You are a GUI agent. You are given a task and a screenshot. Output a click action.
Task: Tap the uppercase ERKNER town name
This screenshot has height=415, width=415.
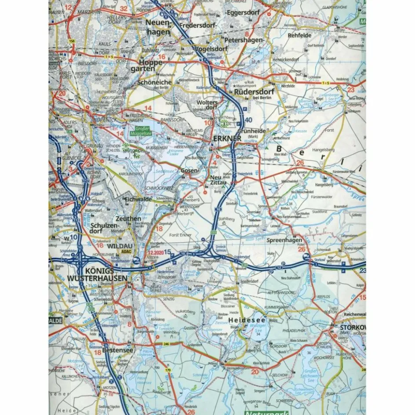(x=227, y=138)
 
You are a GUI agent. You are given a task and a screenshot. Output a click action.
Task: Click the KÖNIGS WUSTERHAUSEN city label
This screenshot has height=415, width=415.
(x=98, y=274)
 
